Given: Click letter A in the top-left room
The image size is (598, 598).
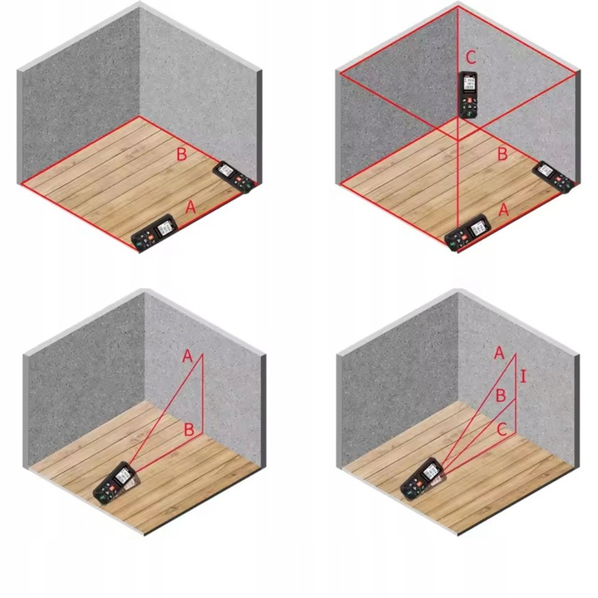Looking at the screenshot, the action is (x=190, y=208).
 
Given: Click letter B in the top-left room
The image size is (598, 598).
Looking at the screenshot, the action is (x=182, y=154).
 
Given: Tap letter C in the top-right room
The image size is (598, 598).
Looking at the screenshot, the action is (x=471, y=57).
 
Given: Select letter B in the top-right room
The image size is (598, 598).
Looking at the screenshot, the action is (x=502, y=154).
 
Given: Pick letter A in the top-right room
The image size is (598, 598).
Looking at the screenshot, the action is (x=504, y=210).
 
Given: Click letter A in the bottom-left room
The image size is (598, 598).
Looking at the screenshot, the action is (x=188, y=356).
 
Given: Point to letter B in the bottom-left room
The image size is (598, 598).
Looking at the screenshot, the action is (x=189, y=429).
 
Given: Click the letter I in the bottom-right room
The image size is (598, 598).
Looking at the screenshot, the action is (x=523, y=376).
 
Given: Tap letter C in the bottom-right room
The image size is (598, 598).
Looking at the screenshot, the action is (x=502, y=430).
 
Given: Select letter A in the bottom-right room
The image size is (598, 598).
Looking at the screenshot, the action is (x=499, y=353).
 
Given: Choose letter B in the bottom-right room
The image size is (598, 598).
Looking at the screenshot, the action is (x=500, y=395).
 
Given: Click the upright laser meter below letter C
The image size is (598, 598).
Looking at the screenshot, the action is (x=468, y=95).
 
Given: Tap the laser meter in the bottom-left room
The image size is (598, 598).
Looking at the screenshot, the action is (x=115, y=483).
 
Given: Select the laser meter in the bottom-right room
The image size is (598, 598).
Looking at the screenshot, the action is (x=423, y=478).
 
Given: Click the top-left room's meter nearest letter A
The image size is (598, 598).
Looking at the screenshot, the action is (x=154, y=233).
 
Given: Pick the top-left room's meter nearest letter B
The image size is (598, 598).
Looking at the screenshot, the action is (x=233, y=177).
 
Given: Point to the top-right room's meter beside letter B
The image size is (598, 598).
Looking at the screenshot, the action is (x=553, y=177).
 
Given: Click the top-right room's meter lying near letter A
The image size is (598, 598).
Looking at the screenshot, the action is (x=468, y=233).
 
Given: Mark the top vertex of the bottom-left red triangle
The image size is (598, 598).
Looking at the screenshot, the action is (x=203, y=354).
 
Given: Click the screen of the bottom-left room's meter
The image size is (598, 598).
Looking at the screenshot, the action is (x=123, y=475).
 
